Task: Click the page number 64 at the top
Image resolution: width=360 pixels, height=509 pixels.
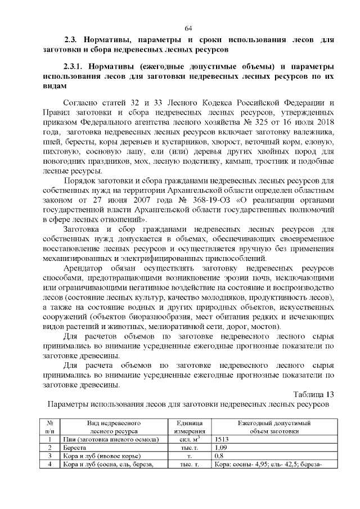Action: tap(188, 28)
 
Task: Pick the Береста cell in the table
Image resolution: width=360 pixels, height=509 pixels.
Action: tap(74, 448)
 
